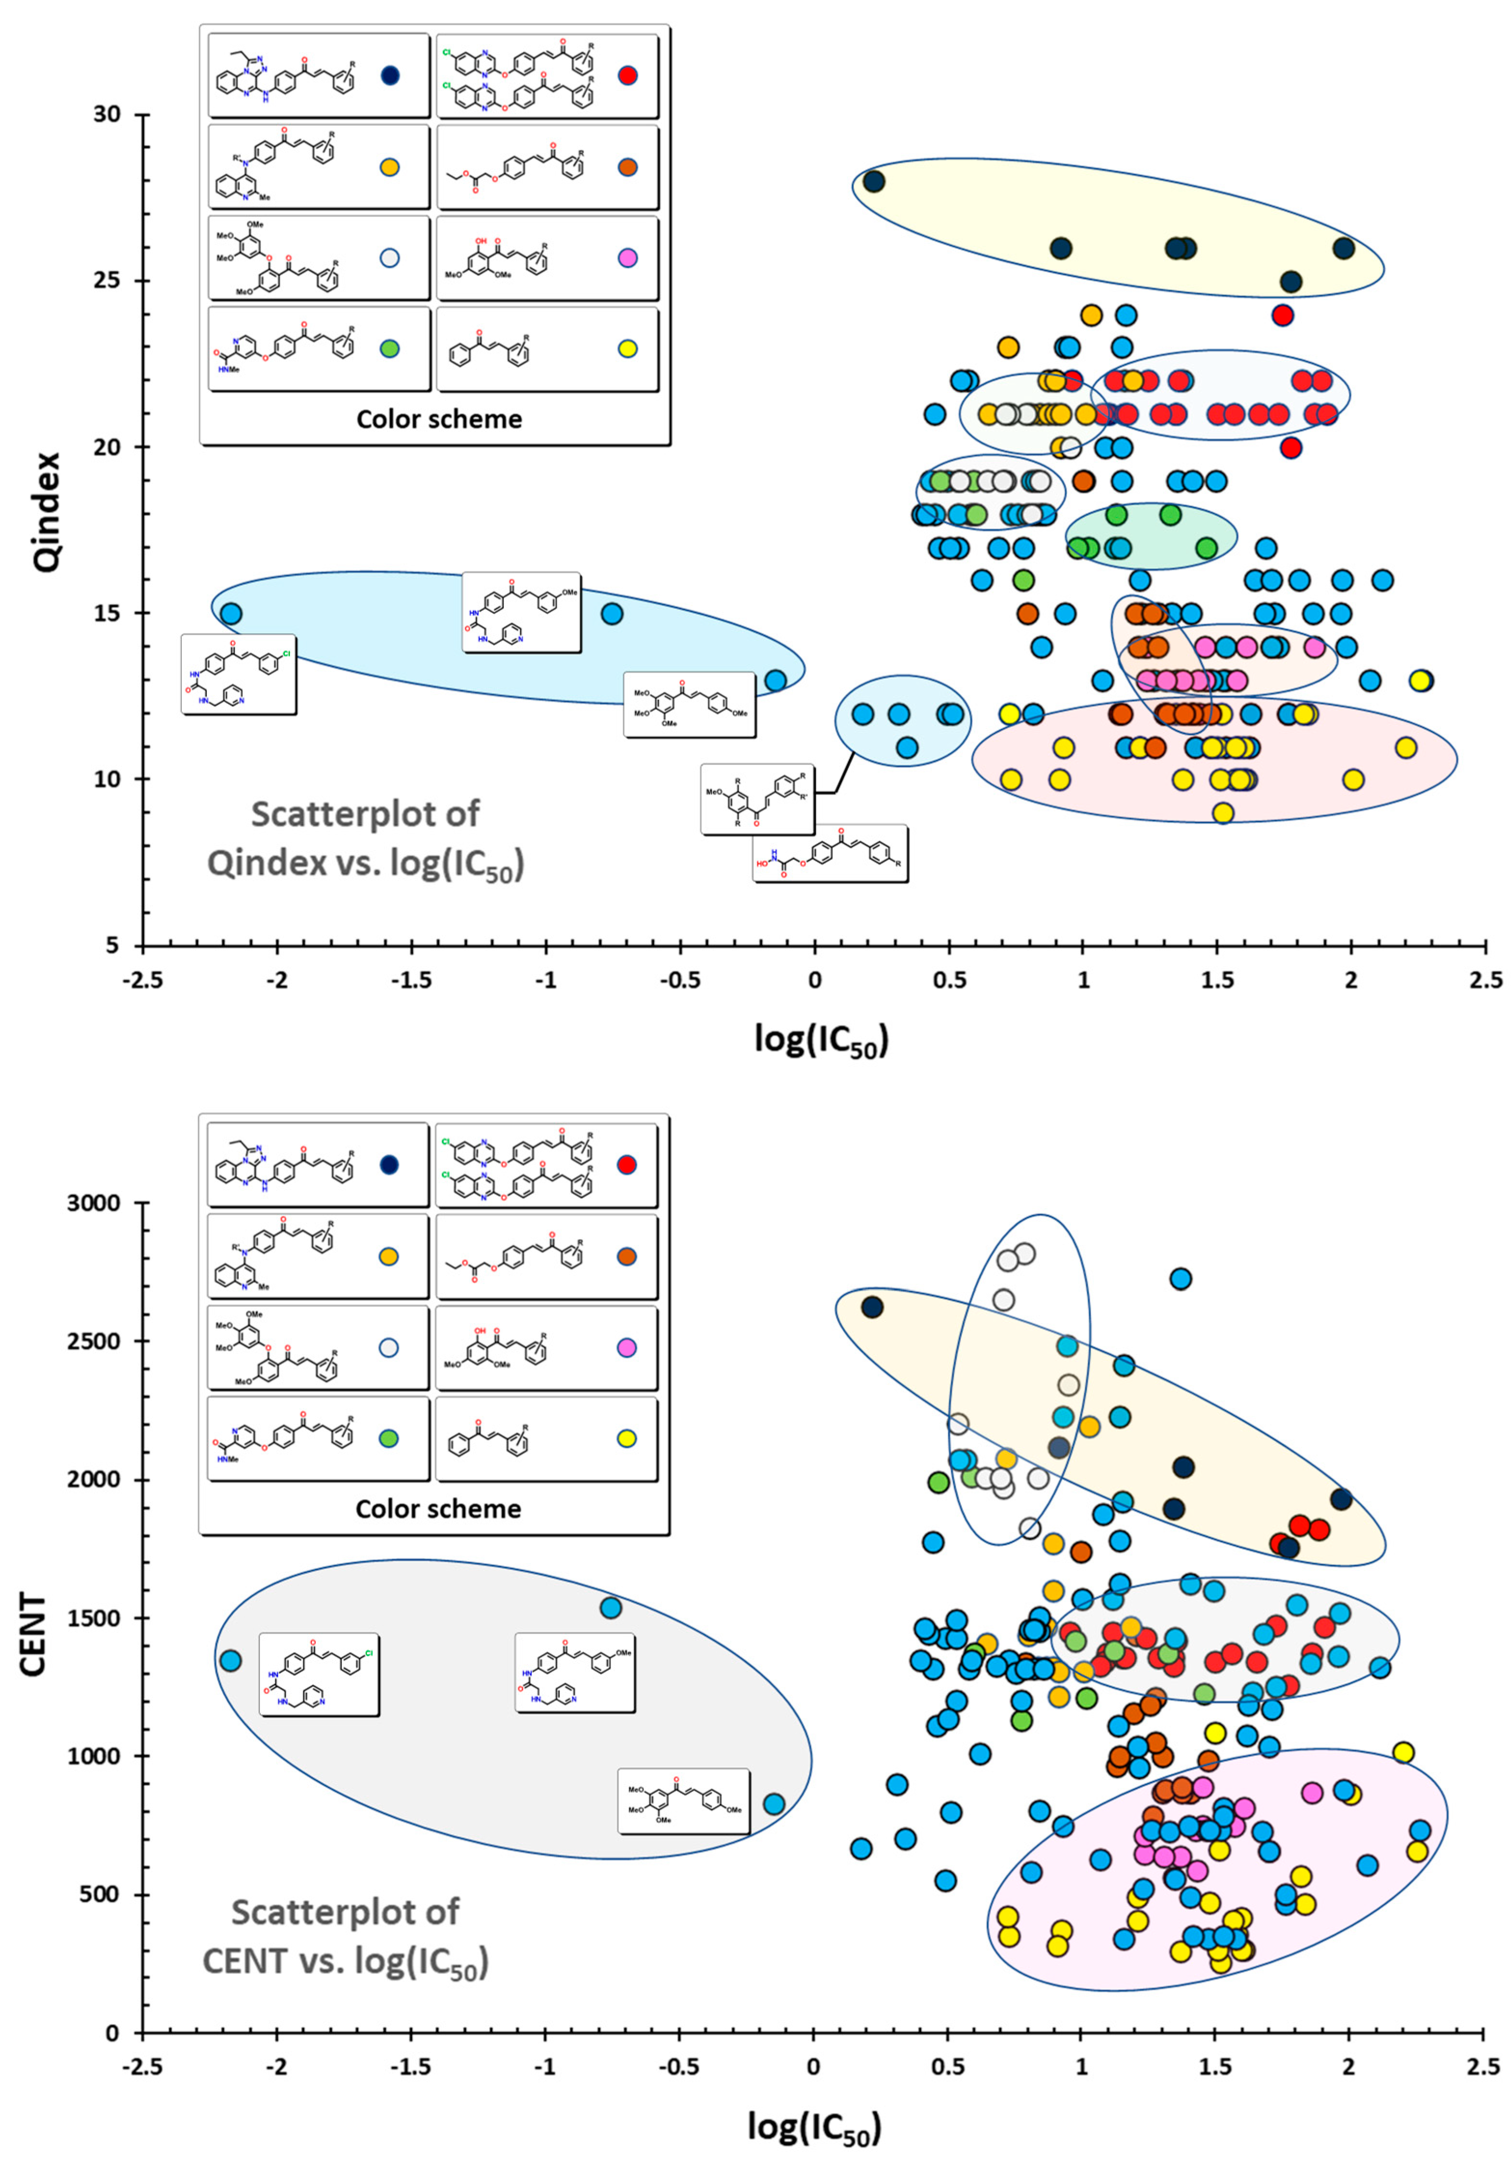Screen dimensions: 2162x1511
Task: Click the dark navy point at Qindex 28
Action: (874, 181)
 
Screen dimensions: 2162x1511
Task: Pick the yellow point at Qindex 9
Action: (1223, 812)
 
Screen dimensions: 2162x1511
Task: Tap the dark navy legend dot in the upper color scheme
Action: (390, 75)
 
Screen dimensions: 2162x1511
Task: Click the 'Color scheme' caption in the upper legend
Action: (439, 419)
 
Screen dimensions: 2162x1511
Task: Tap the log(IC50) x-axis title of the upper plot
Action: (821, 1040)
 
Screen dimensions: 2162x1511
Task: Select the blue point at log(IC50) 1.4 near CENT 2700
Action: (1180, 1279)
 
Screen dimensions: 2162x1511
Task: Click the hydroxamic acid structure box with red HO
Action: (830, 853)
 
